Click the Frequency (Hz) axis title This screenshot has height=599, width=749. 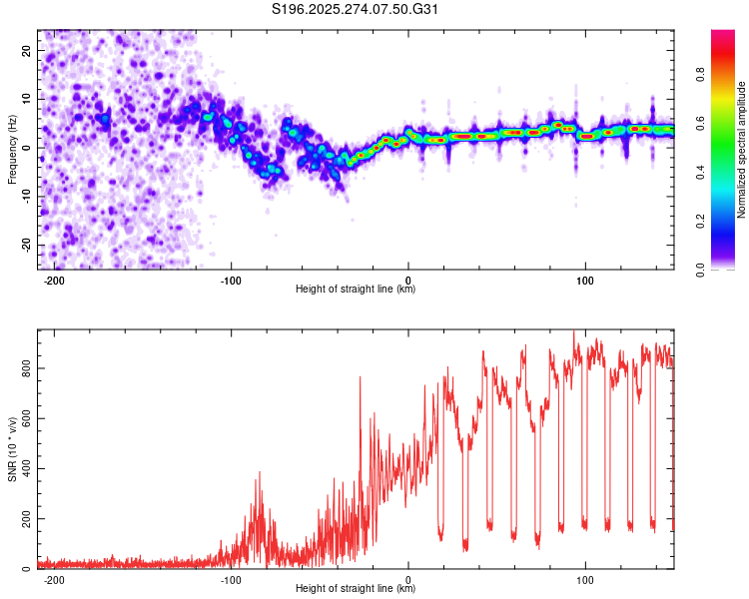(x=13, y=150)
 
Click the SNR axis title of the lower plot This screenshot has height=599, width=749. (x=13, y=449)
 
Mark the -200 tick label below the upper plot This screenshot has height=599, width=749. (x=54, y=281)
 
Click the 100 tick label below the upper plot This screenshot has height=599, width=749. (x=585, y=281)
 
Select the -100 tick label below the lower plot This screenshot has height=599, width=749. (x=231, y=580)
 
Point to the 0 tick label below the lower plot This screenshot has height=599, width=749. (x=408, y=580)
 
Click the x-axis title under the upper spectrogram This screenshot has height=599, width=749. (x=357, y=291)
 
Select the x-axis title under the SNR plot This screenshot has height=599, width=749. (x=357, y=590)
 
